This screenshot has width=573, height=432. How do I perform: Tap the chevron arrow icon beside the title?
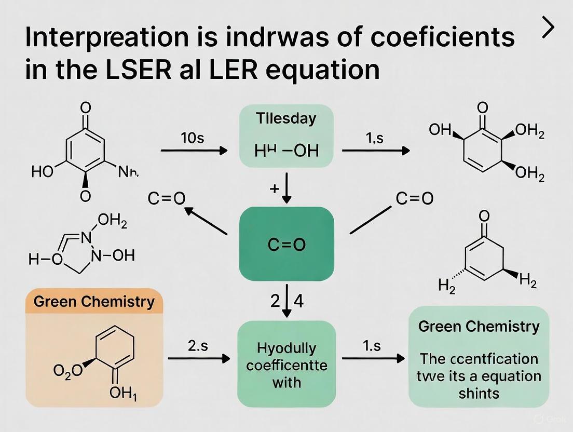point(548,30)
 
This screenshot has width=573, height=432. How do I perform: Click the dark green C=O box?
point(286,244)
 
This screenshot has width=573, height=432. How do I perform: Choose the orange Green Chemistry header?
point(94,301)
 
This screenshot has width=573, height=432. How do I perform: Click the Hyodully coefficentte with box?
point(286,365)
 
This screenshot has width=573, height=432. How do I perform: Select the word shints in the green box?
point(479,393)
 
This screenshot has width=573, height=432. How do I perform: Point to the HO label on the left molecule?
point(43,172)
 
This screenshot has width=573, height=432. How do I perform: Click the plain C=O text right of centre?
point(414,198)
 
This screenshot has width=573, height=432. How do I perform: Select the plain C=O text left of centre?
point(167,199)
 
